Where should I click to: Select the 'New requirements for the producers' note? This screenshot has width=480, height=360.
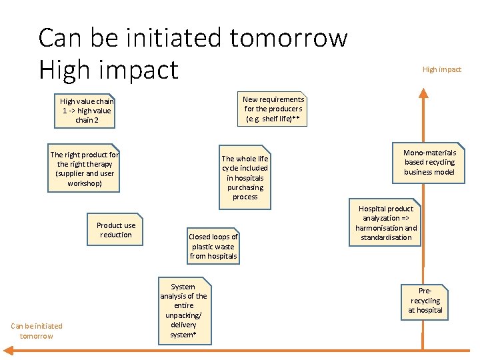click(273, 109)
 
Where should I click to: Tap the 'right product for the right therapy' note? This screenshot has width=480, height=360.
click(84, 169)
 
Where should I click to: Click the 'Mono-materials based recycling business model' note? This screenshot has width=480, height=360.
click(429, 163)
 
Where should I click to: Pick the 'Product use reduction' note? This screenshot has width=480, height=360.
click(115, 230)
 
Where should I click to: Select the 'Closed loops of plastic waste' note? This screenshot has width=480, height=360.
click(213, 246)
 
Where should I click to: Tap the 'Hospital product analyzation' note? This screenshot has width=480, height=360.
click(387, 223)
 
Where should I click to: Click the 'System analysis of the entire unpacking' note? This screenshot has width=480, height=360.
click(183, 311)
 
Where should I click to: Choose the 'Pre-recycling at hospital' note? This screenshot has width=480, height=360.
click(425, 301)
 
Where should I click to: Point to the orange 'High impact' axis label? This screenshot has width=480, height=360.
click(441, 69)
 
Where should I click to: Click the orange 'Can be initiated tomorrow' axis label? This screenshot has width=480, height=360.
click(36, 331)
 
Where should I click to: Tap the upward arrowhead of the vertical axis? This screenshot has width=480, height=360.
click(421, 94)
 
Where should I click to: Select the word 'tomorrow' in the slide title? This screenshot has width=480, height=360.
click(289, 38)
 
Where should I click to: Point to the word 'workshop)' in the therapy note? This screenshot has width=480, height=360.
click(85, 183)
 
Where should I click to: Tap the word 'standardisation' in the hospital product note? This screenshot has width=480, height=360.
click(387, 237)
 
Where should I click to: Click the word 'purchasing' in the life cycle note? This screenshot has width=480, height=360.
click(245, 187)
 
